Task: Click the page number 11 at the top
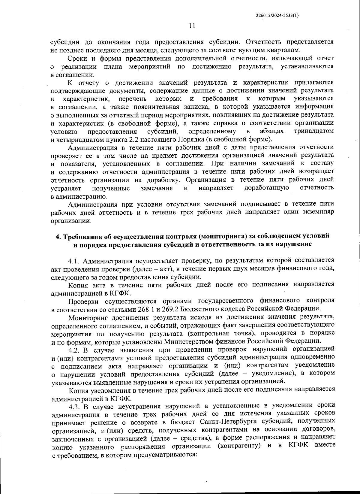tap(192, 26)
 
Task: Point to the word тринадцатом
tap(314, 131)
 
